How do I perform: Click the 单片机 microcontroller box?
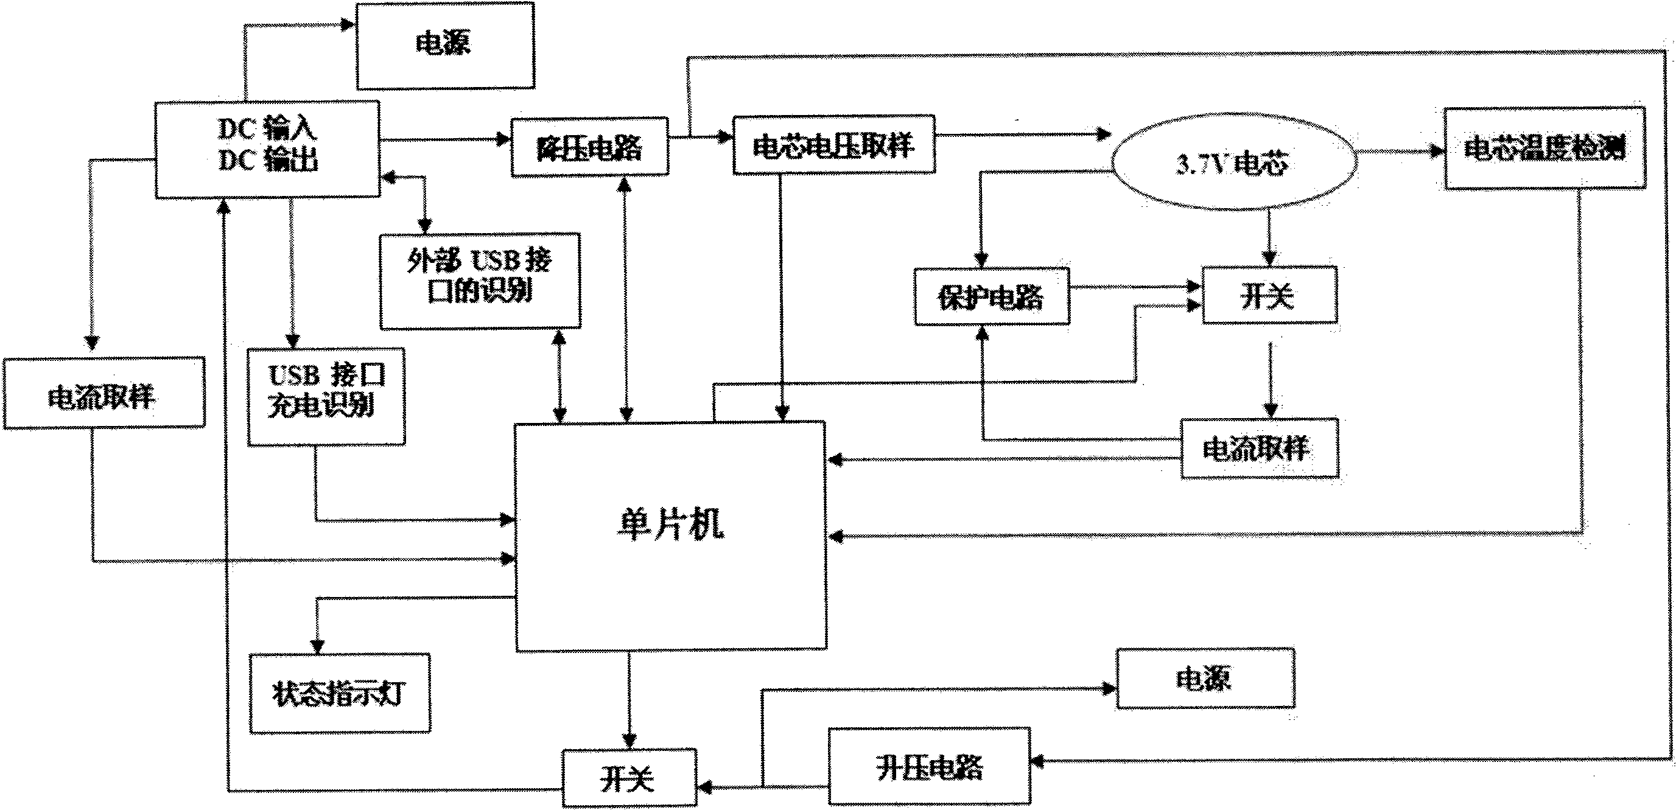click(670, 537)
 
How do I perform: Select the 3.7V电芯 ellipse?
click(1234, 162)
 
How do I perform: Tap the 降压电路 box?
click(589, 148)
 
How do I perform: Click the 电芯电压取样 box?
click(833, 145)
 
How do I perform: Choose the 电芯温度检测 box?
click(1544, 149)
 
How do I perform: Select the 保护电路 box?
click(991, 296)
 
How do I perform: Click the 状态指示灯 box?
click(339, 694)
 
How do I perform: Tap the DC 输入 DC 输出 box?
click(267, 150)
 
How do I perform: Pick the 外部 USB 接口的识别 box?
click(480, 281)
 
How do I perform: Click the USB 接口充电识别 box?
click(326, 397)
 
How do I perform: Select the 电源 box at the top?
click(445, 45)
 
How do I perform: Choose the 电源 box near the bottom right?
click(1204, 679)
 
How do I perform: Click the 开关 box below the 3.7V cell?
click(1269, 295)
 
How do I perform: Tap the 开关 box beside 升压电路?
click(628, 778)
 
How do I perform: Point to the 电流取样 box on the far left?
click(103, 394)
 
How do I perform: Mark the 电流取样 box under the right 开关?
click(1259, 449)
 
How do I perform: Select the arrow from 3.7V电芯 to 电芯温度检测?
click(1399, 152)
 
